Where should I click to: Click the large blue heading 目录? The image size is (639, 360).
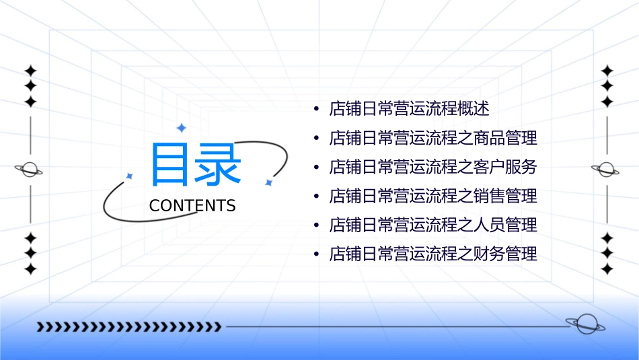(196, 165)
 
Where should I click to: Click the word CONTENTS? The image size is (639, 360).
(192, 206)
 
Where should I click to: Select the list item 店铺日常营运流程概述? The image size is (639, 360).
(409, 108)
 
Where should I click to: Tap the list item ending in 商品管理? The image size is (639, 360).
(433, 139)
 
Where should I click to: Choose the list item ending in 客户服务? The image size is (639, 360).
(433, 167)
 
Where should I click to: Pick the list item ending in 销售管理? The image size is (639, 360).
(433, 196)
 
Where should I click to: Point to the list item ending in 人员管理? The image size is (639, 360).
(433, 225)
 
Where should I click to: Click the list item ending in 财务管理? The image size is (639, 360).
(433, 254)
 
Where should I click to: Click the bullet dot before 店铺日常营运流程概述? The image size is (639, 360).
(316, 109)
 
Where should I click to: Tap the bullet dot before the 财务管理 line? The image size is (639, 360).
(316, 255)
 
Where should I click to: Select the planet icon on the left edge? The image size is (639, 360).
(30, 170)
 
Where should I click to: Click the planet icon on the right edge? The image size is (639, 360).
(607, 170)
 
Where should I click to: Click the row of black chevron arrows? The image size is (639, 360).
(128, 327)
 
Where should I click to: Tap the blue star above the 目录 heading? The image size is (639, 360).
(180, 127)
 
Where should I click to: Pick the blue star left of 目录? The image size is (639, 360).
(130, 176)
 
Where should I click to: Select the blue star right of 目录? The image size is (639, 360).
(268, 182)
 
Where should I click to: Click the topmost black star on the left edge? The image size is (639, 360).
(30, 71)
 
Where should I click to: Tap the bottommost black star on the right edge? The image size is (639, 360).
(607, 268)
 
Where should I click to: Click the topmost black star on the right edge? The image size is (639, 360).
(607, 71)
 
